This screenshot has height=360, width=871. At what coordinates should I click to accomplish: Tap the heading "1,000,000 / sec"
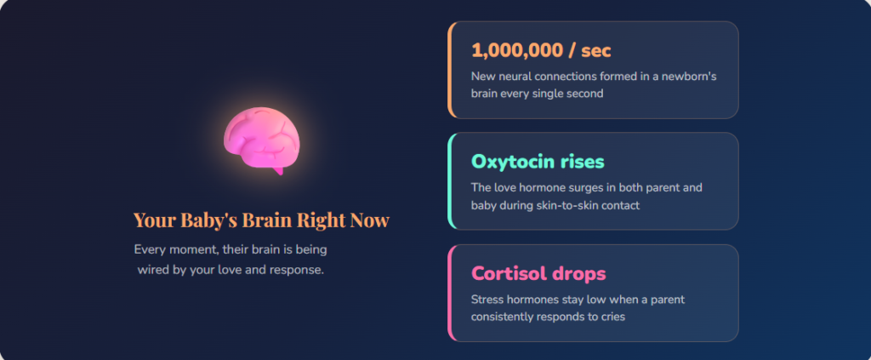pyautogui.click(x=541, y=50)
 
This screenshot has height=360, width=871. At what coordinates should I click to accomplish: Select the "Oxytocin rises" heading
pyautogui.click(x=538, y=162)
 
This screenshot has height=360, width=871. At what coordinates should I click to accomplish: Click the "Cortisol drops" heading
pyautogui.click(x=538, y=274)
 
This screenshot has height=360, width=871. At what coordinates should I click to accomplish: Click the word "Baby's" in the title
pyautogui.click(x=208, y=220)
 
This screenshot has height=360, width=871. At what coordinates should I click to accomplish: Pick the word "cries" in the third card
pyautogui.click(x=611, y=317)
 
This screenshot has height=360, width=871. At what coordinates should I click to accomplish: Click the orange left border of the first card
pyautogui.click(x=450, y=70)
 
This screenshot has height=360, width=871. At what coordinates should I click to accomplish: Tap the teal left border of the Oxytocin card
pyautogui.click(x=450, y=181)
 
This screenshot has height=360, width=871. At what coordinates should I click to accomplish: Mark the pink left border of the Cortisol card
pyautogui.click(x=450, y=293)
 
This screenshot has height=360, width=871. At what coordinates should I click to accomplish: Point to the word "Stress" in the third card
pyautogui.click(x=488, y=300)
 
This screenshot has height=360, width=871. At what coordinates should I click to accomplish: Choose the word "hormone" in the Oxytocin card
pyautogui.click(x=541, y=187)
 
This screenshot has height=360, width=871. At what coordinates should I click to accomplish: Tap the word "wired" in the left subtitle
pyautogui.click(x=156, y=270)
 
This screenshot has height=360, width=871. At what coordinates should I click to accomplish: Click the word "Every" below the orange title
pyautogui.click(x=150, y=250)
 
